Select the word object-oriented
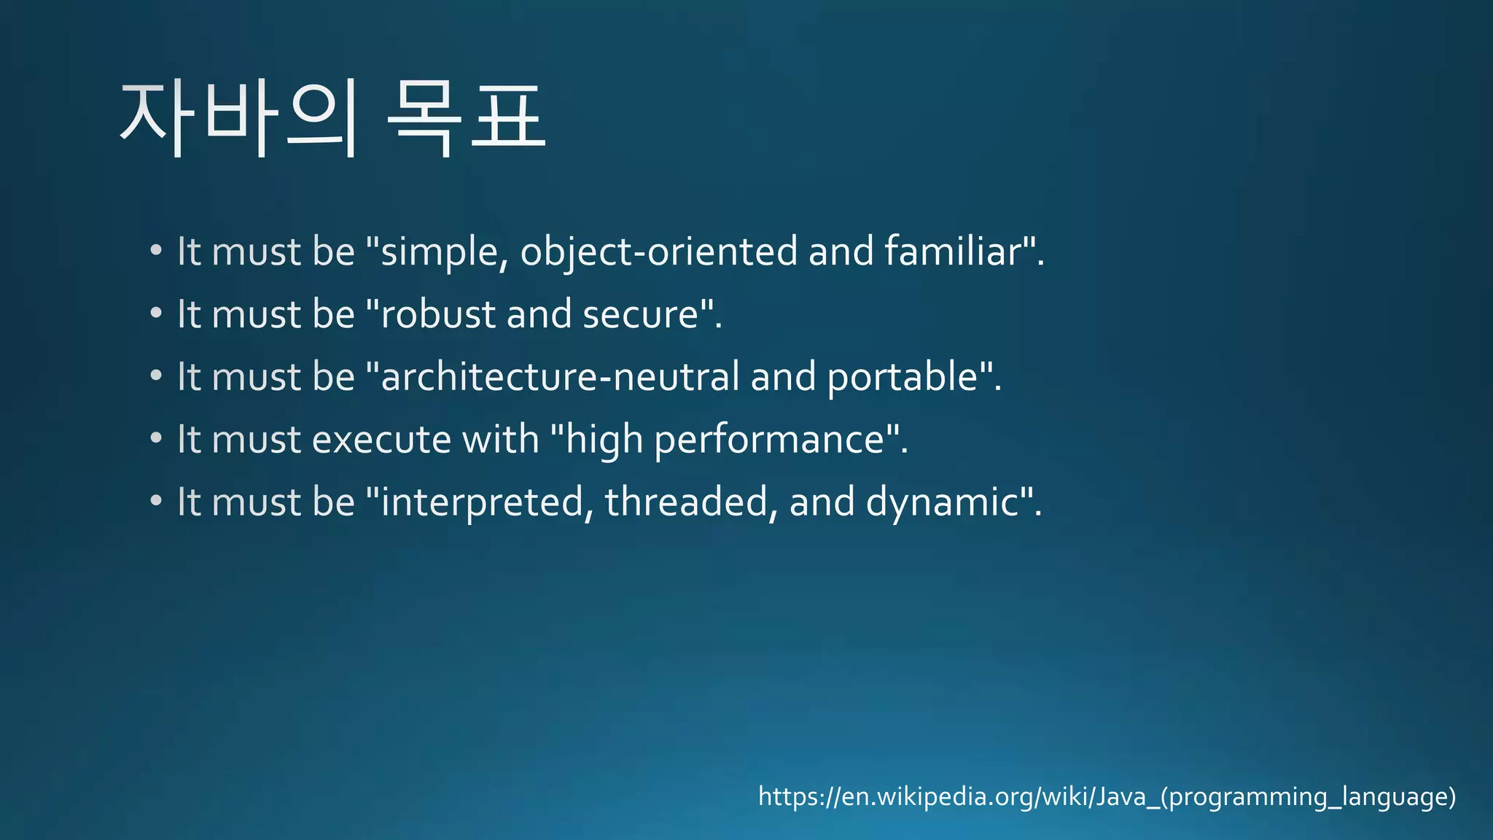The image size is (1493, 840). (659, 252)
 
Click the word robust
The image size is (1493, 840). (438, 315)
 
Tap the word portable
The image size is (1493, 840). (902, 377)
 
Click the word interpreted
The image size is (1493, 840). (482, 502)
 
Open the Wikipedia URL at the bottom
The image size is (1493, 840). (1107, 796)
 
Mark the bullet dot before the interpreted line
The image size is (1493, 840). (156, 501)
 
